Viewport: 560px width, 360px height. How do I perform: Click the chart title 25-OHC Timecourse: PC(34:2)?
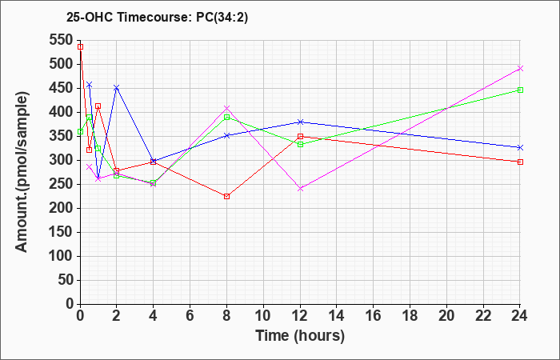coord(157,17)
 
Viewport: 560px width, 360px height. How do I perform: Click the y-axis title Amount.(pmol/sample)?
coord(22,172)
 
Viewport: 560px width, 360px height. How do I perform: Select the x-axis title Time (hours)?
coord(300,336)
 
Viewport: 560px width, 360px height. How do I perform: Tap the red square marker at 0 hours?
coord(80,46)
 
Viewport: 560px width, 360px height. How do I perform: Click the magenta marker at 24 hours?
coord(520,69)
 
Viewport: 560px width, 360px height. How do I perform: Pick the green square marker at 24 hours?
coord(520,90)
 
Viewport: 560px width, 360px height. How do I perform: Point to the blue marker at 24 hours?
coord(520,147)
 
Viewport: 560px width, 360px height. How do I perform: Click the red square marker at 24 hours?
coord(520,162)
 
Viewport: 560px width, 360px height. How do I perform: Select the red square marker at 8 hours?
coord(226,197)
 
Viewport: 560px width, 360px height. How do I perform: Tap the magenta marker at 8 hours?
coord(226,108)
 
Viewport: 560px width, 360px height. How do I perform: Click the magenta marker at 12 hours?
coord(300,189)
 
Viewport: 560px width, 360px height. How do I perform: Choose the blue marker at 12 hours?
coord(300,122)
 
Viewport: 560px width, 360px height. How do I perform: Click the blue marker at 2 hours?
coord(117,87)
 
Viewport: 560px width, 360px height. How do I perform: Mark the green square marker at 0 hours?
coord(80,131)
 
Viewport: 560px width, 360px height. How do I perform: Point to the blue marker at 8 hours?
coord(226,135)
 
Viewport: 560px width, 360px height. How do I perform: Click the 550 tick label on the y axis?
coord(62,40)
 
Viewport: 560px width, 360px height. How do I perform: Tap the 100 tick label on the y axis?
coord(62,256)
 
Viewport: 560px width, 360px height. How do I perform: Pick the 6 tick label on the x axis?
coord(190,315)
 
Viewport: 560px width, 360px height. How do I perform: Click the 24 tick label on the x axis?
coord(520,315)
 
